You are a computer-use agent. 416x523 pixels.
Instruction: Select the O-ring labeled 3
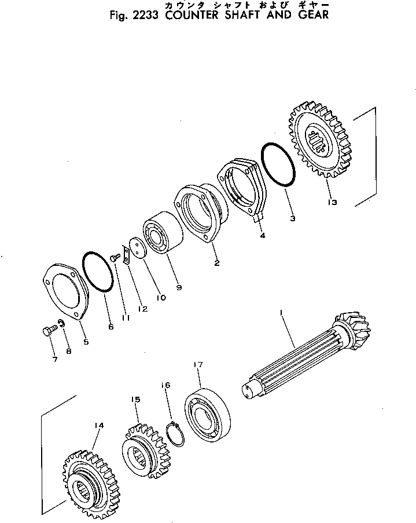point(279,165)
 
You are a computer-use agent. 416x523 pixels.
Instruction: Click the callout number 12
point(142,309)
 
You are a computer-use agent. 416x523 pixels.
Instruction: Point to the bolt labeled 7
point(48,333)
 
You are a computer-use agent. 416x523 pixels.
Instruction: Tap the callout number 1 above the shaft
point(281,313)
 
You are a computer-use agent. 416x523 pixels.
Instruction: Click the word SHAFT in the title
point(241,15)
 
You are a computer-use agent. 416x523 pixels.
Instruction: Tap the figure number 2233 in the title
point(144,15)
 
